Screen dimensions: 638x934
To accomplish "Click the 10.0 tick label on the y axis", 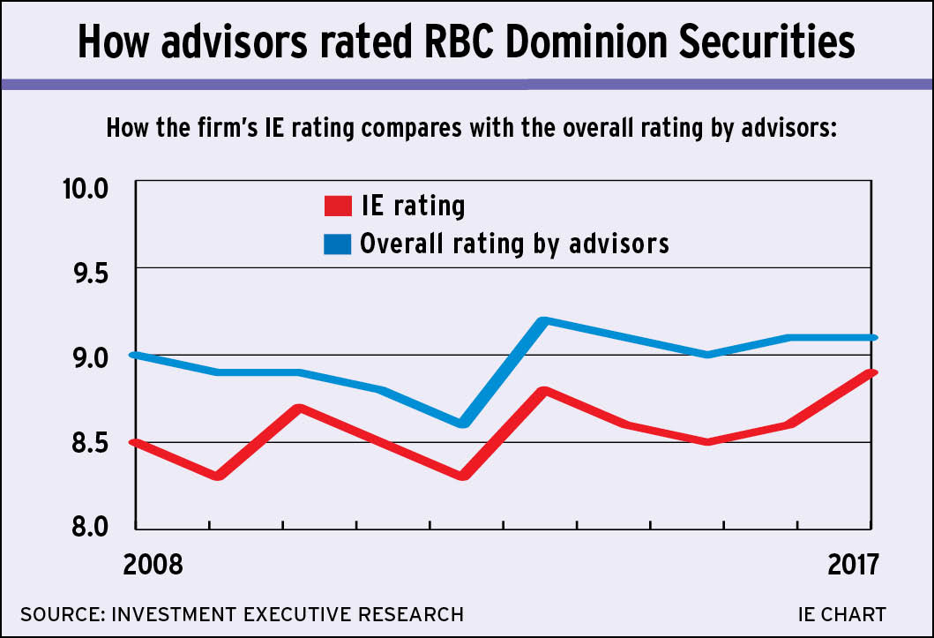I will pos(83,189).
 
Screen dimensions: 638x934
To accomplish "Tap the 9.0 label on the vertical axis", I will pos(85,358).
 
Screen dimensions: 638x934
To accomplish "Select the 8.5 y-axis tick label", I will pos(85,442).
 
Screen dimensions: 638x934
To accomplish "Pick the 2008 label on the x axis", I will pos(153,564).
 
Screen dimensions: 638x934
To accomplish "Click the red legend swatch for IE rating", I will pos(339,206).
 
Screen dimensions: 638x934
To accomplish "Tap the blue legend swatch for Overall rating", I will pos(339,244).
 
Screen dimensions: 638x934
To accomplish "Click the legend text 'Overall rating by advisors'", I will pos(514,244).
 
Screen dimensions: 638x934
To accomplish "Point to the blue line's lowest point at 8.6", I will pos(464,424).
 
